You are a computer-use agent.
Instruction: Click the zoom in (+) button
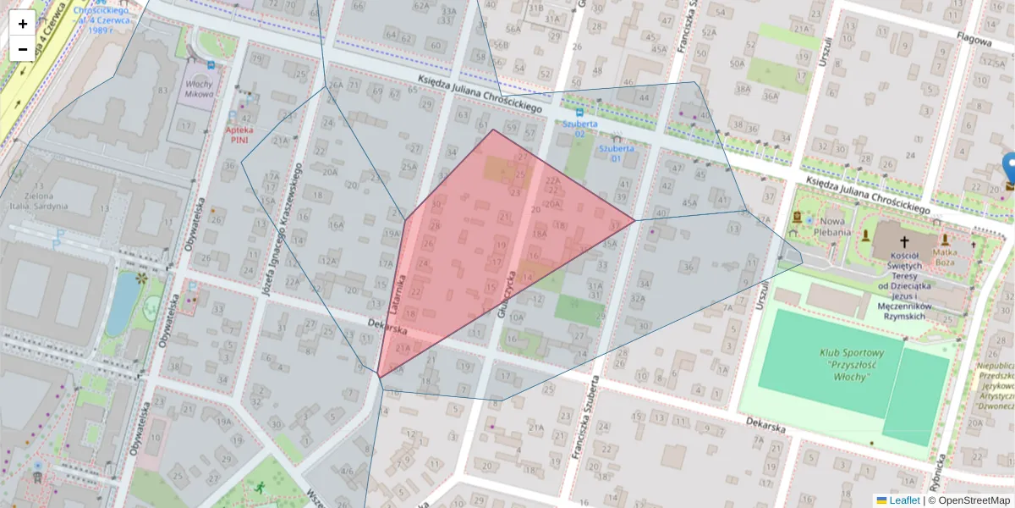pos(23,24)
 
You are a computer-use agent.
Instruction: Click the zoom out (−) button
pos(23,49)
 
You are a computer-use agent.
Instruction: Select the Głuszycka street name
pos(498,293)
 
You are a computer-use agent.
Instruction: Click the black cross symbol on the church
pos(904,241)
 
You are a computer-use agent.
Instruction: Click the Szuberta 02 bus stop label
pos(580,129)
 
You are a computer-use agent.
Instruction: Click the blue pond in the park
pos(123,305)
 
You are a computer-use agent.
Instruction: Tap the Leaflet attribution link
pos(903,500)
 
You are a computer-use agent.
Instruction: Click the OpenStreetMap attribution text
pos(972,500)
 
